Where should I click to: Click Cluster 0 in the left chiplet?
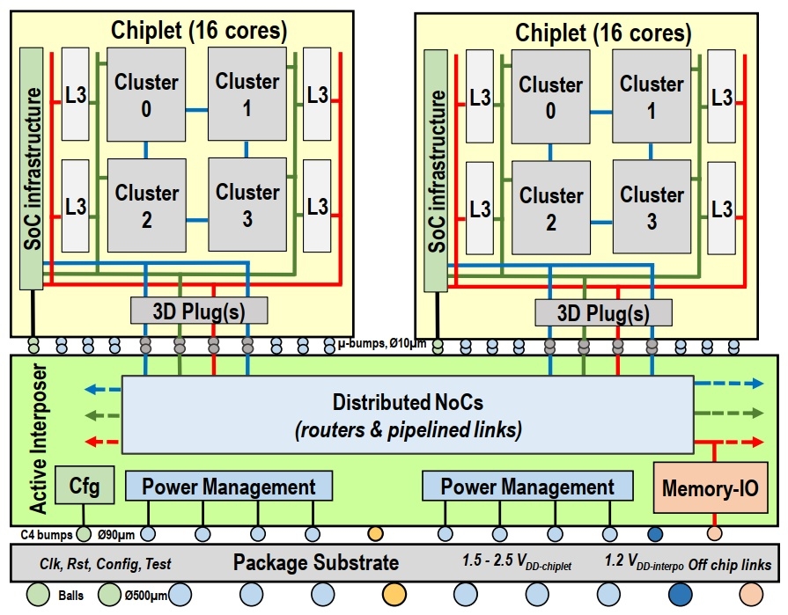pos(146,93)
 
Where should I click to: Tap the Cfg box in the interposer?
pos(85,486)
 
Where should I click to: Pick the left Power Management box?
pos(229,487)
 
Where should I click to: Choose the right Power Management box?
pos(527,487)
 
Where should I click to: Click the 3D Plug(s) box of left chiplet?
pos(198,311)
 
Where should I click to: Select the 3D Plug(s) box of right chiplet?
pos(602,312)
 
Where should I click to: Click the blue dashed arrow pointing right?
pos(726,384)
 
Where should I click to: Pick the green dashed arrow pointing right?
pos(726,413)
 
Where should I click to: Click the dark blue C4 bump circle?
pos(654,533)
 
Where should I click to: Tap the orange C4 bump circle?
pos(376,533)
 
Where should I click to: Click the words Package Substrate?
pos(316,562)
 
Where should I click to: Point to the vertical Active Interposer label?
pos(38,437)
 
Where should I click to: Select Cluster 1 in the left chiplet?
pos(247,93)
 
